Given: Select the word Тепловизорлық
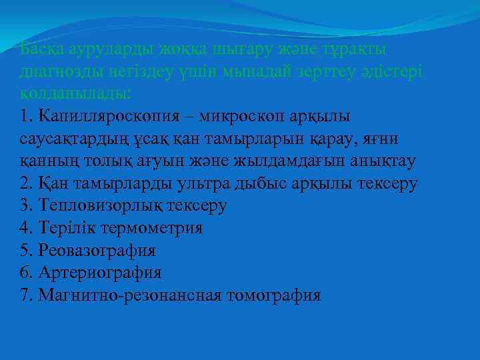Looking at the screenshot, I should [x=100, y=206].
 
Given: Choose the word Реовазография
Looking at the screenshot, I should [x=97, y=251].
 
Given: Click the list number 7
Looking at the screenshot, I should [x=25, y=295].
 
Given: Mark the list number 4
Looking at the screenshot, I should [x=25, y=229].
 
